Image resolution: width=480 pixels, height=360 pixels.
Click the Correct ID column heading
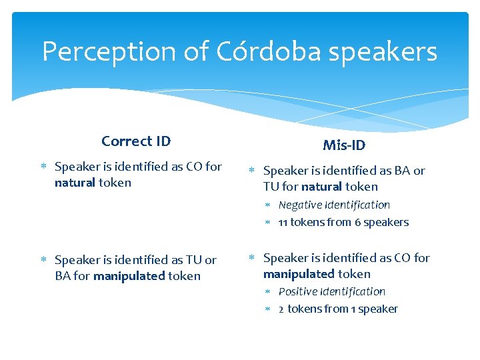click(x=136, y=141)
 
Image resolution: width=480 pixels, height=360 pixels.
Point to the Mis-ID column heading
click(x=344, y=145)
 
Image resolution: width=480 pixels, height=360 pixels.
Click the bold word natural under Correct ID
click(x=75, y=183)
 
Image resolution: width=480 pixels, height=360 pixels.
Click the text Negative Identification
click(x=334, y=205)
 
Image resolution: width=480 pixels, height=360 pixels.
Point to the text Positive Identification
click(x=331, y=291)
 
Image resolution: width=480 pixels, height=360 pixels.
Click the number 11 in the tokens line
click(x=283, y=223)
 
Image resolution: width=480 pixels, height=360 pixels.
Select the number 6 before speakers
click(x=357, y=223)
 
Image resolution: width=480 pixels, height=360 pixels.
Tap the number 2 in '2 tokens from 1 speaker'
click(x=281, y=309)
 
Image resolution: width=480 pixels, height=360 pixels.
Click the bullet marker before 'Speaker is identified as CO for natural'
click(x=43, y=167)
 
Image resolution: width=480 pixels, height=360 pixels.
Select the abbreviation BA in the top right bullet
click(x=403, y=171)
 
